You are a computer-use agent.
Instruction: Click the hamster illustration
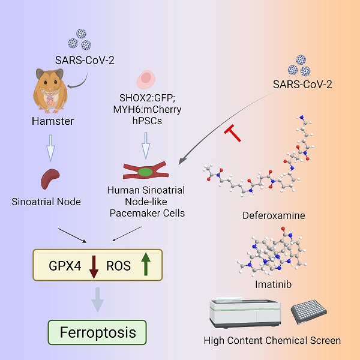pyautogui.click(x=50, y=91)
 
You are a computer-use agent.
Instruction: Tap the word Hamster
pyautogui.click(x=53, y=121)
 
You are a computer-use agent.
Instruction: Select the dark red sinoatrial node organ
pyautogui.click(x=50, y=179)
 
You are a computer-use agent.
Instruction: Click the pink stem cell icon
pyautogui.click(x=146, y=80)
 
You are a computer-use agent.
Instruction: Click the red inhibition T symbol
pyautogui.click(x=233, y=133)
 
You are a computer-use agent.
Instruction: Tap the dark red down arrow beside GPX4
pyautogui.click(x=94, y=267)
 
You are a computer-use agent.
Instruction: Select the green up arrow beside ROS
pyautogui.click(x=146, y=264)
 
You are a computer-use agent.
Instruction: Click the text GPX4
pyautogui.click(x=65, y=266)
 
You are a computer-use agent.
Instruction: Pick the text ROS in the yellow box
pyautogui.click(x=118, y=266)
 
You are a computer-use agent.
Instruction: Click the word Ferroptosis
pyautogui.click(x=98, y=332)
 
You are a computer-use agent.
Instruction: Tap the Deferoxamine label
pyautogui.click(x=274, y=215)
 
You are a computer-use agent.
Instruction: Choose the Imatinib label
pyautogui.click(x=274, y=284)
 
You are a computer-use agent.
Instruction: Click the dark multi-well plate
pyautogui.click(x=309, y=312)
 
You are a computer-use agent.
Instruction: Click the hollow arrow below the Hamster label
pyautogui.click(x=50, y=148)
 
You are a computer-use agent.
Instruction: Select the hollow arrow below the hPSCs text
pyautogui.click(x=146, y=146)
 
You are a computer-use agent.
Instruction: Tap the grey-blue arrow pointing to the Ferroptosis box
pyautogui.click(x=98, y=299)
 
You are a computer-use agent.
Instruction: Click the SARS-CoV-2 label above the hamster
pyautogui.click(x=85, y=61)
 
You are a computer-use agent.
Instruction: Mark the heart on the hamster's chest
pyautogui.click(x=50, y=100)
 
